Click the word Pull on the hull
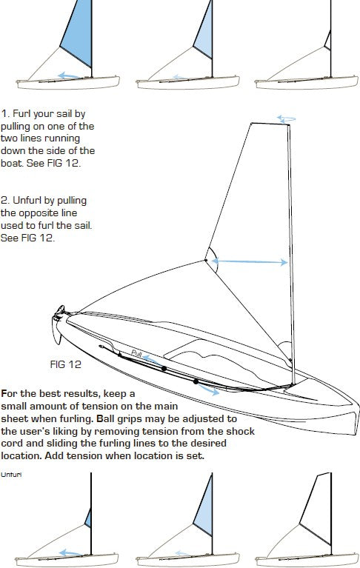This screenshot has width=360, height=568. [136, 353]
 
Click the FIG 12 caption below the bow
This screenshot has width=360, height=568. [65, 364]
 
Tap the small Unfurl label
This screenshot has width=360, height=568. [11, 475]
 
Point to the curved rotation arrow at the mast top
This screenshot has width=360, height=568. [286, 118]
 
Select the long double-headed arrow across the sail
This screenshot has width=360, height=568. [250, 261]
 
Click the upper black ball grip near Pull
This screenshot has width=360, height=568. [164, 368]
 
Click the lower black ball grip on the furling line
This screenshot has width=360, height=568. [196, 381]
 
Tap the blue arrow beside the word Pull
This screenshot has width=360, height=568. [151, 360]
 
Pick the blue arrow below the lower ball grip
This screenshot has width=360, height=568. [209, 390]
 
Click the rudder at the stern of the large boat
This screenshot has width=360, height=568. [57, 332]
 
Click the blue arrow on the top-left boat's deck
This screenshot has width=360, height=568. [70, 76]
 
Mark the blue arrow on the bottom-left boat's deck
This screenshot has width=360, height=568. [70, 552]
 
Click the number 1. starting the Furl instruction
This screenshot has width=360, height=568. [5, 114]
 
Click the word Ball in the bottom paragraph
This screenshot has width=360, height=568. [104, 418]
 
